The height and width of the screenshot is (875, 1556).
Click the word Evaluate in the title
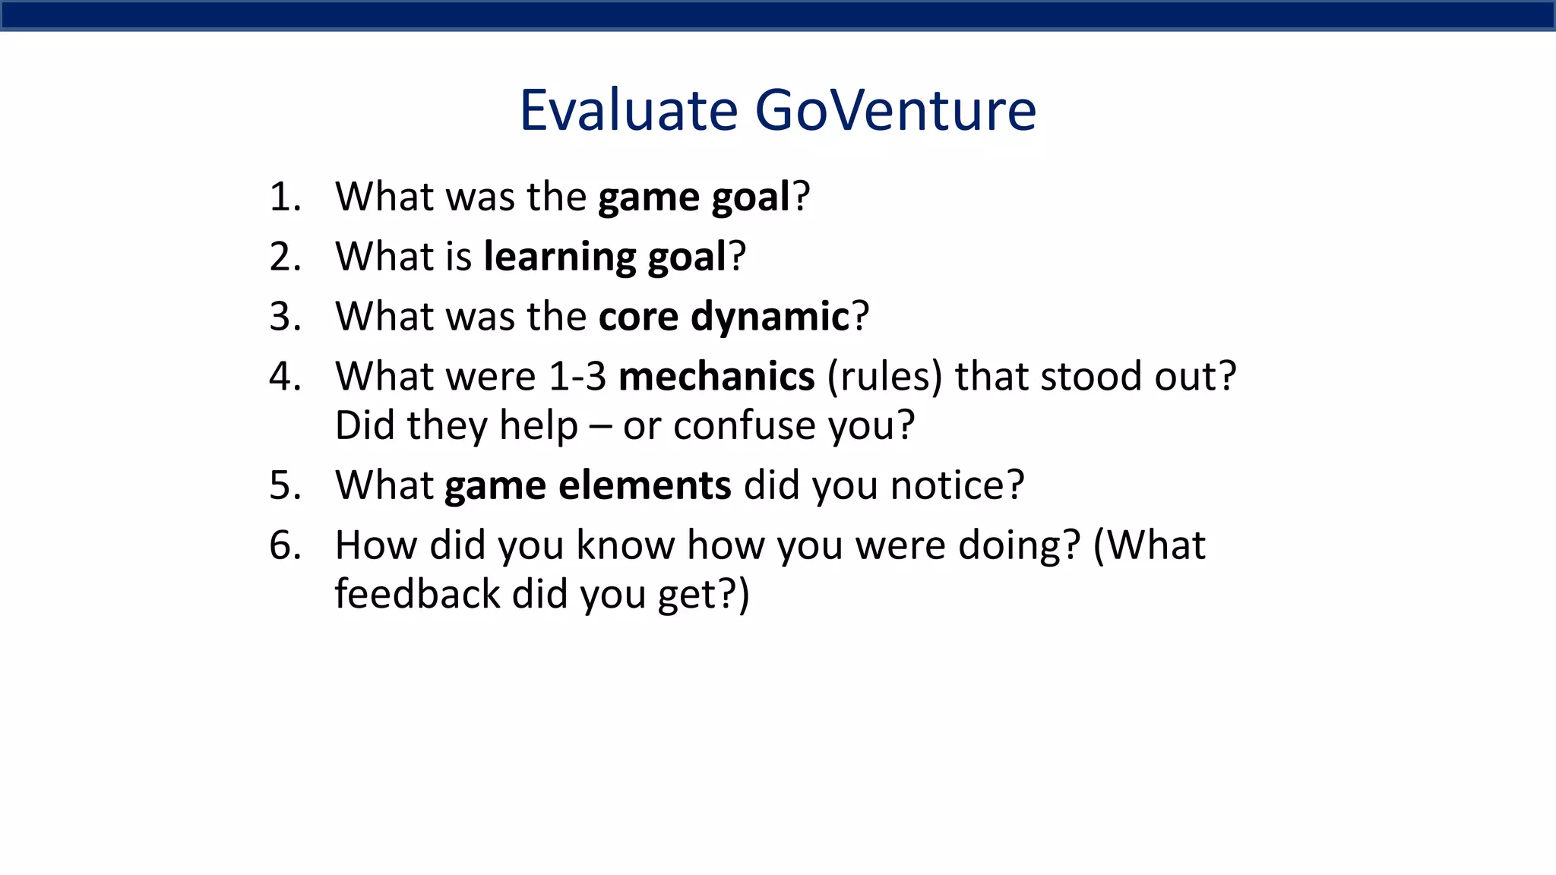click(x=628, y=111)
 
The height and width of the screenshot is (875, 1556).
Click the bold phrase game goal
click(x=694, y=197)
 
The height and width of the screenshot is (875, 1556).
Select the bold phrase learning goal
click(x=605, y=257)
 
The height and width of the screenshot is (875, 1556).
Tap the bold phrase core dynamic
click(x=723, y=317)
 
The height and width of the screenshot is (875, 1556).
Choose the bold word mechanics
click(x=716, y=377)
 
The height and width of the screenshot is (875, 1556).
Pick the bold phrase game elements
click(x=587, y=485)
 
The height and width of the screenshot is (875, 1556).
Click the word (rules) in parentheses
click(x=884, y=377)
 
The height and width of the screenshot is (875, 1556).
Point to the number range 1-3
click(x=577, y=377)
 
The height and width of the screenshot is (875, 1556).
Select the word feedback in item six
click(x=417, y=594)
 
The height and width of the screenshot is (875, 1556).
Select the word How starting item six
click(x=375, y=545)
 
